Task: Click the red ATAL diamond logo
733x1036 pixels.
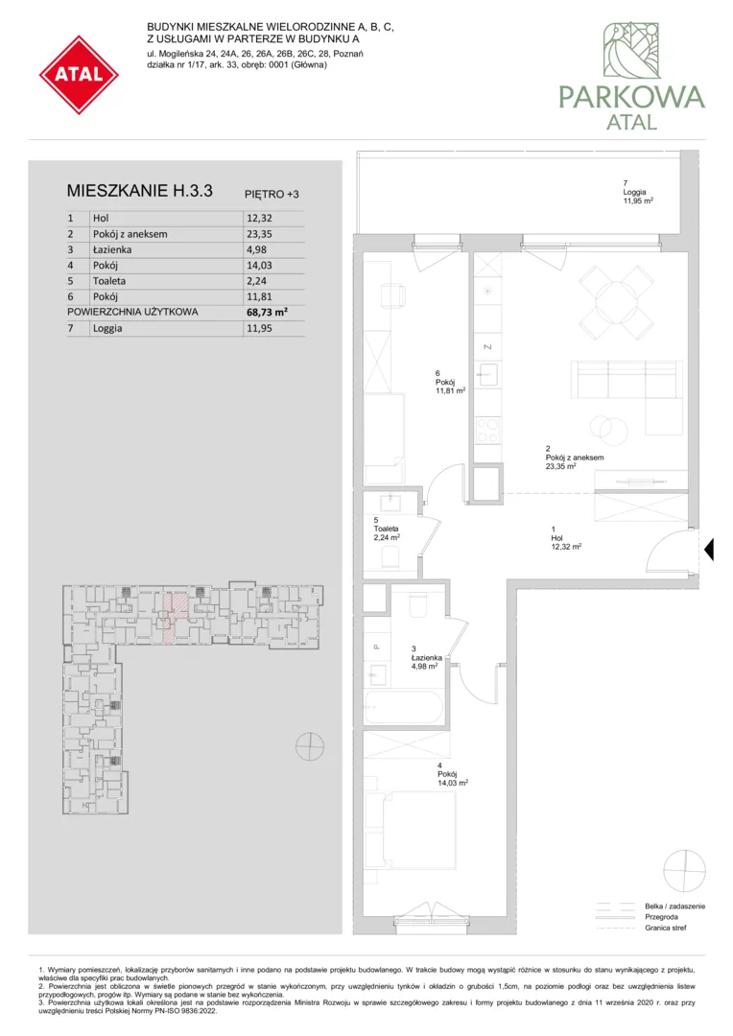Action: [x=80, y=74]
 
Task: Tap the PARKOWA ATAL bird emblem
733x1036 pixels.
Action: [x=632, y=50]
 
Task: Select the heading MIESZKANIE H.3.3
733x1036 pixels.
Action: [x=139, y=191]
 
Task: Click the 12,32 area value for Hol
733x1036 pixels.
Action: [x=258, y=218]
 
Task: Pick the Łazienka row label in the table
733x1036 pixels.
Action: [x=111, y=249]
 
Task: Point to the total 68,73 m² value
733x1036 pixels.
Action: [x=266, y=312]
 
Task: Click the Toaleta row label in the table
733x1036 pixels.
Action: [x=109, y=281]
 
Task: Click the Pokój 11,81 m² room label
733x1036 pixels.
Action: [x=450, y=382]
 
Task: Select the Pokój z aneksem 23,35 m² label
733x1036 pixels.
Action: [x=575, y=458]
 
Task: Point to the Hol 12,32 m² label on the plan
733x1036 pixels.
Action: [x=566, y=538]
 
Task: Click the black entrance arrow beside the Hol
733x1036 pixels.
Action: [x=709, y=550]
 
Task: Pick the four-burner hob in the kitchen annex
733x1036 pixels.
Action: [x=488, y=430]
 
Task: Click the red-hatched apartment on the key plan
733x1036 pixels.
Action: [x=176, y=616]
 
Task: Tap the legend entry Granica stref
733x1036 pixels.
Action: [x=666, y=928]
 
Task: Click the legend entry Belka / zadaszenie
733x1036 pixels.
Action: [x=674, y=906]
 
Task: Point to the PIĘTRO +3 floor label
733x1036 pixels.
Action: [x=272, y=194]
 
